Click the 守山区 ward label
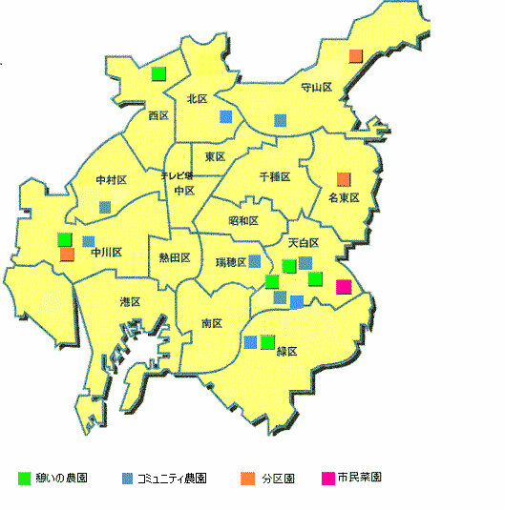tap(315, 88)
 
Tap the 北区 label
tap(198, 98)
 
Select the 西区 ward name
tap(158, 115)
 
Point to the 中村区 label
tap(111, 180)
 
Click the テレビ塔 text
tap(177, 175)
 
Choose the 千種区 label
tap(275, 177)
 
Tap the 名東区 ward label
tap(343, 198)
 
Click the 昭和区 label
tap(243, 221)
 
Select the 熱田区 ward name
tap(173, 258)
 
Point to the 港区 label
tap(130, 302)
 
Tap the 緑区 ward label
tap(286, 352)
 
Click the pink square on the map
tap(344, 287)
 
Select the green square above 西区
tap(158, 72)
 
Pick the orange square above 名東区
tap(344, 178)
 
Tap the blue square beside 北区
tap(225, 116)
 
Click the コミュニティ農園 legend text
tap(172, 477)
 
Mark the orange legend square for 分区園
tap(247, 477)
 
